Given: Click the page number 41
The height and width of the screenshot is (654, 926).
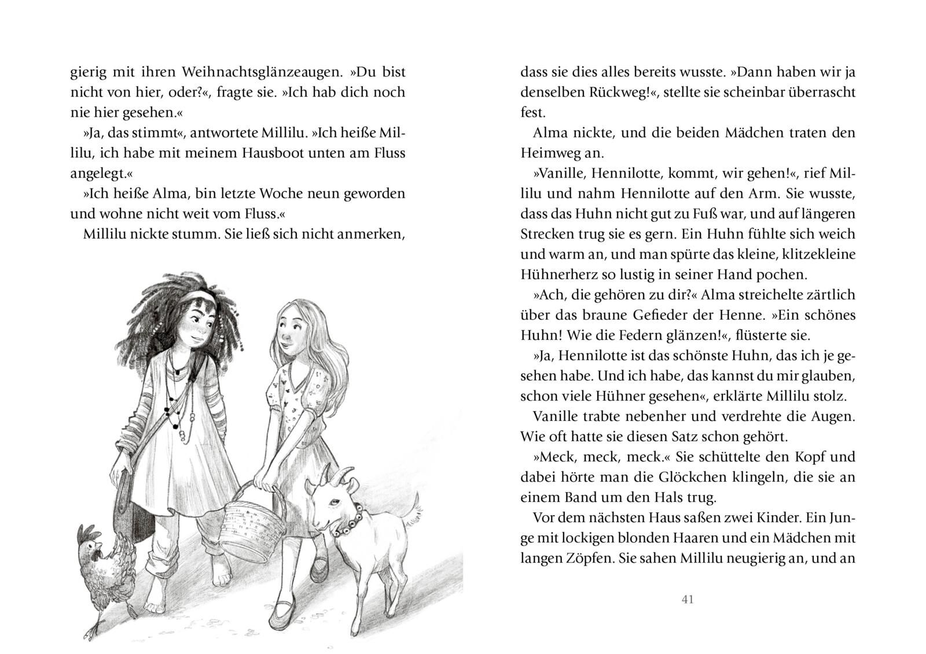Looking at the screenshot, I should point(688,600).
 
